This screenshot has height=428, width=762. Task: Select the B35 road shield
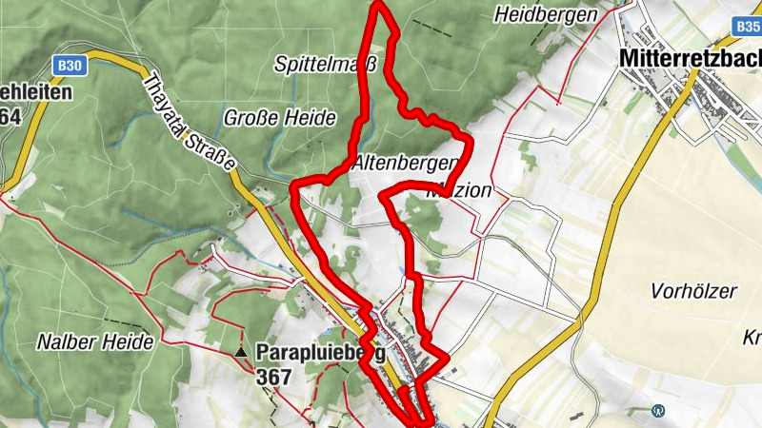pos(749,28)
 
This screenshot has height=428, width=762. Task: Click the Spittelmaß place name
pos(326,65)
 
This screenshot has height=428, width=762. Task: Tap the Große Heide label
pos(280,118)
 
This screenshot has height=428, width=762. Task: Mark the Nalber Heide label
pos(95,340)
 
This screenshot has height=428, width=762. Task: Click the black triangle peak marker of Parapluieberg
pos(241,353)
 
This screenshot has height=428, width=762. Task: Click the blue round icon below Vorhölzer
pos(658,411)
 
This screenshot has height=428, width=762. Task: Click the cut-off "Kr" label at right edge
pos(751,338)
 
